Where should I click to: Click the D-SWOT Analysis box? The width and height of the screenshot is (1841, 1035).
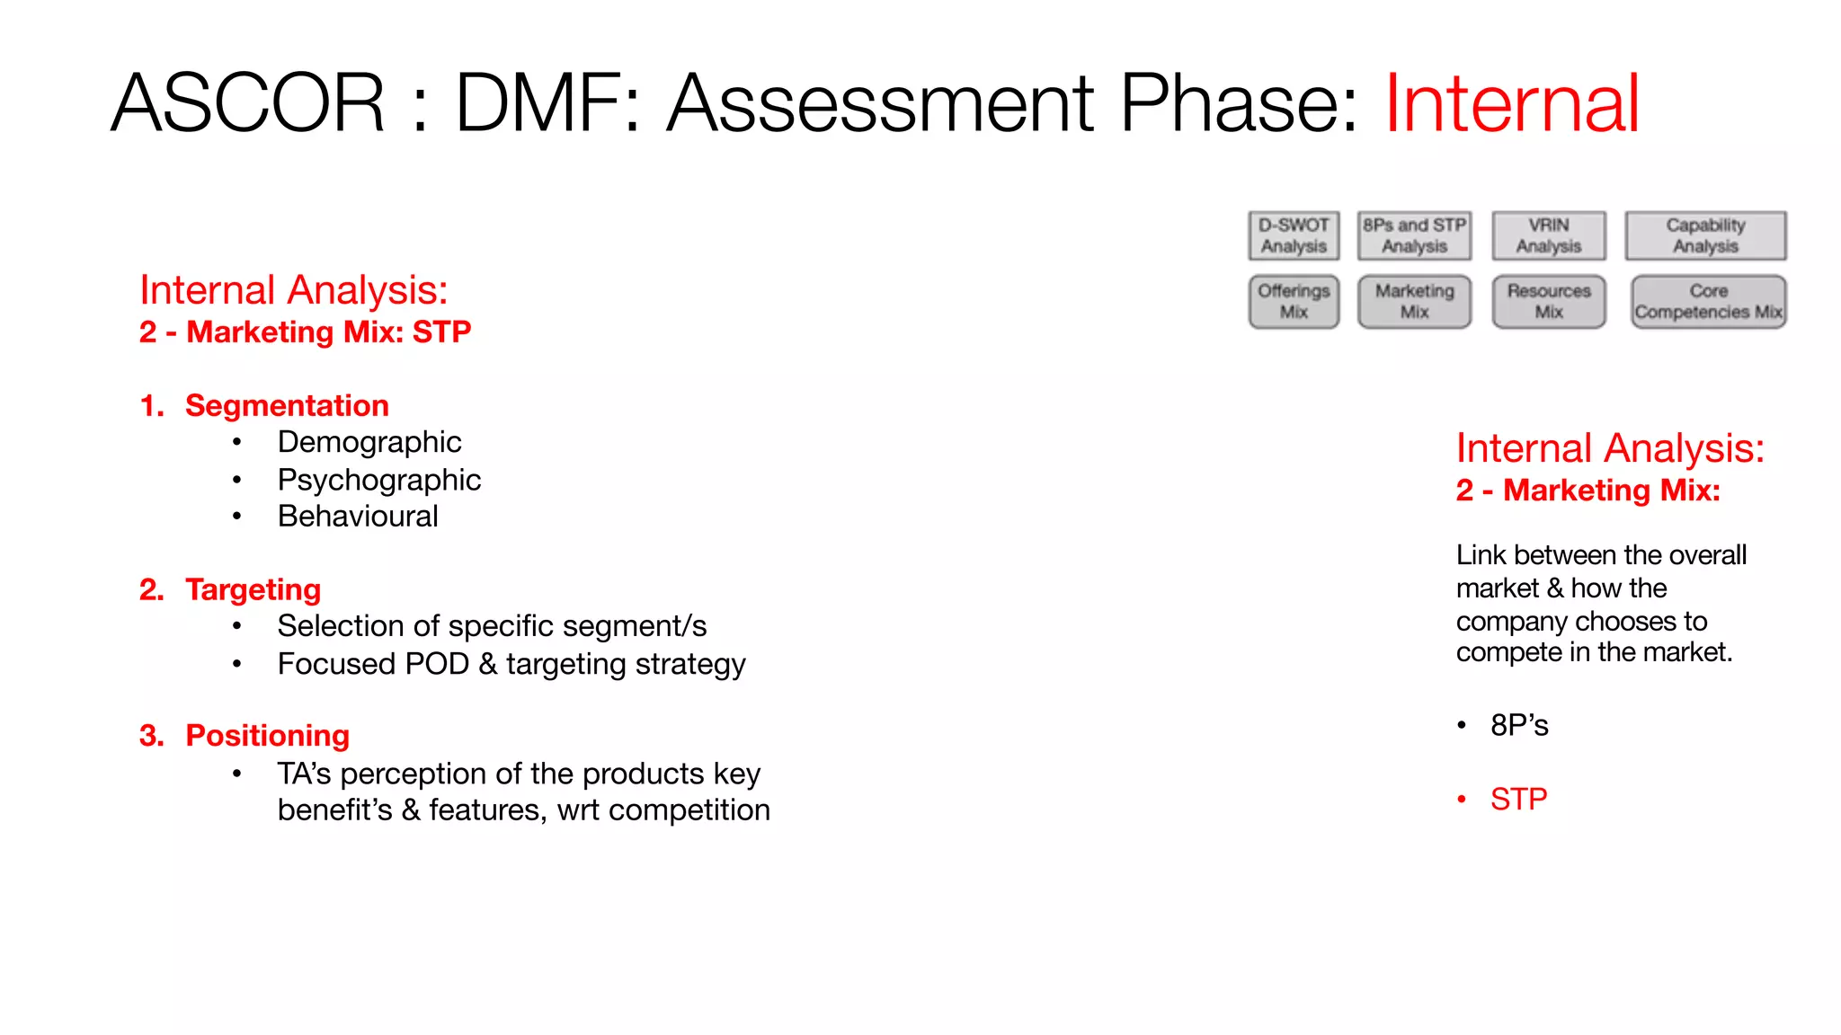(x=1294, y=235)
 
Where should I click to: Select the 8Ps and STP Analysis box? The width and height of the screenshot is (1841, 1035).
(x=1414, y=235)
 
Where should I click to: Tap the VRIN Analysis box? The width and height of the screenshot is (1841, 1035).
(x=1548, y=235)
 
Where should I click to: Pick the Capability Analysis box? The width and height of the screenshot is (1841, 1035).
(x=1705, y=235)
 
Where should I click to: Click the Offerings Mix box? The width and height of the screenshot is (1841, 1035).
(x=1294, y=302)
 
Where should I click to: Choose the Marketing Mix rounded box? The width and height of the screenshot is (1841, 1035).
(x=1414, y=302)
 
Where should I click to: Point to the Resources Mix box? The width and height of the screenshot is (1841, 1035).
(x=1548, y=302)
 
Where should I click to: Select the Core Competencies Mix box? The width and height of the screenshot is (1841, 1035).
(x=1708, y=302)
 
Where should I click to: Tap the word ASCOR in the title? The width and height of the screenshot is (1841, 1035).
(x=248, y=104)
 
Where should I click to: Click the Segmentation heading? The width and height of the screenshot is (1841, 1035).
(x=287, y=406)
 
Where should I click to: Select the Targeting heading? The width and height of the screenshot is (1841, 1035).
(x=253, y=590)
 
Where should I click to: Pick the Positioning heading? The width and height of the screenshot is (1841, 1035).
(x=267, y=736)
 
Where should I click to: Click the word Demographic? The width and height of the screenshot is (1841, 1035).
(x=369, y=442)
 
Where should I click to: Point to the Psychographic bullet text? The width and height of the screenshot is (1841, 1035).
(x=378, y=480)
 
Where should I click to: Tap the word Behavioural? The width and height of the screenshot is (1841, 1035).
(x=358, y=517)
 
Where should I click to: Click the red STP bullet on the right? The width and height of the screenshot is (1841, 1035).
(x=1518, y=799)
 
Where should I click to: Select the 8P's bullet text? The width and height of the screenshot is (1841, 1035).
(x=1519, y=725)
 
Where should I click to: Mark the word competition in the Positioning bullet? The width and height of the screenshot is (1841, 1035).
(x=690, y=810)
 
